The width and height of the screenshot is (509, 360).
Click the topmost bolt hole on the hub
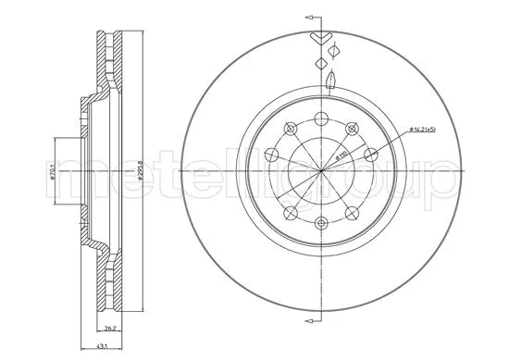pyautogui.click(x=320, y=118)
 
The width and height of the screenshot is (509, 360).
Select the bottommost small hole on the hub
pyautogui.click(x=320, y=222)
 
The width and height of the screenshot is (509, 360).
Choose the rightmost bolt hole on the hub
pyautogui.click(x=369, y=154)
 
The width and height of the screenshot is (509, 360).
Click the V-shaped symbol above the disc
pyautogui.click(x=320, y=36)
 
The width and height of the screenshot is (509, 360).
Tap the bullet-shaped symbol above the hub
pyautogui.click(x=330, y=82)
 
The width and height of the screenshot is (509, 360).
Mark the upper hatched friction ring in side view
pyautogui.click(x=109, y=65)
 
